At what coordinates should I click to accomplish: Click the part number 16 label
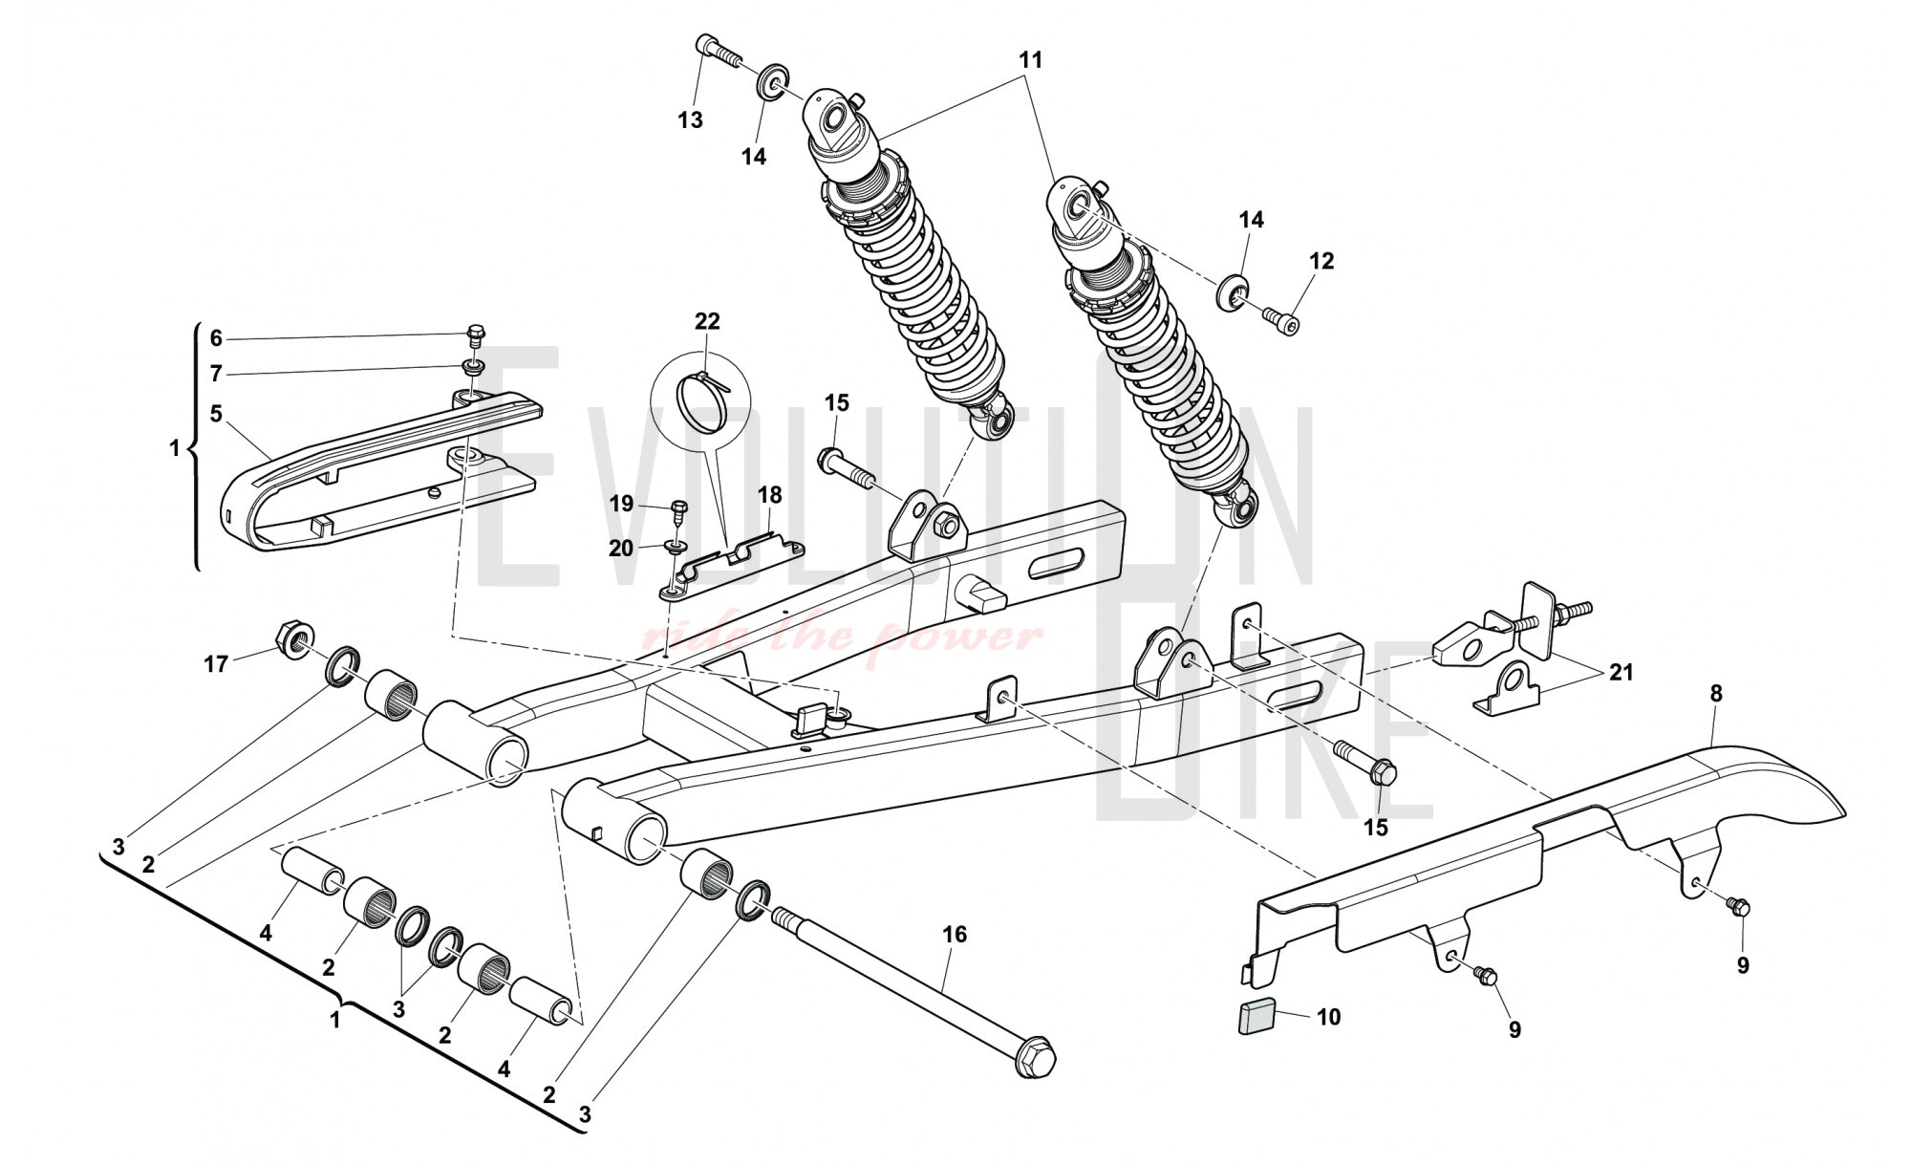pos(955,934)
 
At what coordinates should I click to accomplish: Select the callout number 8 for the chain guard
pos(1716,694)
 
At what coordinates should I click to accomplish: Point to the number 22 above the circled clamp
pos(707,321)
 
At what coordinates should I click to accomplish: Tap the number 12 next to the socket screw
pos(1321,261)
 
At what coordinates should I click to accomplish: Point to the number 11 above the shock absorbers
pos(1030,59)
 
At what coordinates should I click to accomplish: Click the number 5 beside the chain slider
pos(216,414)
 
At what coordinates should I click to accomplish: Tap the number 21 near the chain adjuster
pos(1621,673)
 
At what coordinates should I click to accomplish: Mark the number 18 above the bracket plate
pos(769,495)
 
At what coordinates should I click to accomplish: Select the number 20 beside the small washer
pos(621,549)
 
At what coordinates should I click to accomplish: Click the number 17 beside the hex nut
pos(216,663)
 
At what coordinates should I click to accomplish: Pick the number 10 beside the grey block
pos(1328,1017)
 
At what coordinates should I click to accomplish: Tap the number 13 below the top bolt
pos(690,120)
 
